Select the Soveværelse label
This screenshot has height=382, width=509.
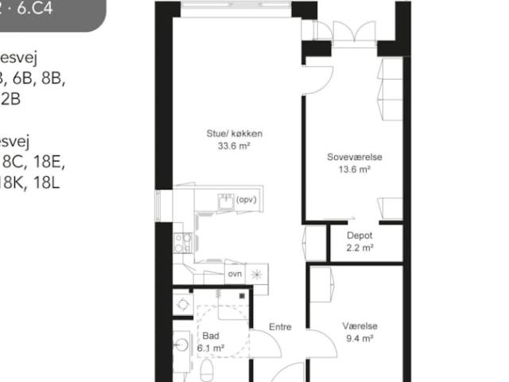pyautogui.click(x=355, y=158)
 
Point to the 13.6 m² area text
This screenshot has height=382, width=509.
pyautogui.click(x=355, y=170)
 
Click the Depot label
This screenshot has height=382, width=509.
pyautogui.click(x=359, y=236)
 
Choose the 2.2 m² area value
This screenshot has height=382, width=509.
pyautogui.click(x=359, y=248)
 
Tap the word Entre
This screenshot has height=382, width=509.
pyautogui.click(x=280, y=327)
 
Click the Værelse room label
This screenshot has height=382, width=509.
pyautogui.click(x=359, y=326)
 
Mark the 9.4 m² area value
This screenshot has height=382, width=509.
pyautogui.click(x=359, y=338)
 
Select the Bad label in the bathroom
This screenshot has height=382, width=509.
pyautogui.click(x=211, y=336)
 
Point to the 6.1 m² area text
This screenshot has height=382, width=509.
pyautogui.click(x=211, y=348)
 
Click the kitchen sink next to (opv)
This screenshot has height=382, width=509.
pyautogui.click(x=226, y=202)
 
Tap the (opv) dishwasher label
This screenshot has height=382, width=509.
pyautogui.click(x=247, y=201)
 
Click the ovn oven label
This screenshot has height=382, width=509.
pyautogui.click(x=235, y=274)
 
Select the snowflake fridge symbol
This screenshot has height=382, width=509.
pyautogui.click(x=257, y=274)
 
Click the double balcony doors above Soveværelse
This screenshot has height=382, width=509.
pyautogui.click(x=353, y=32)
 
